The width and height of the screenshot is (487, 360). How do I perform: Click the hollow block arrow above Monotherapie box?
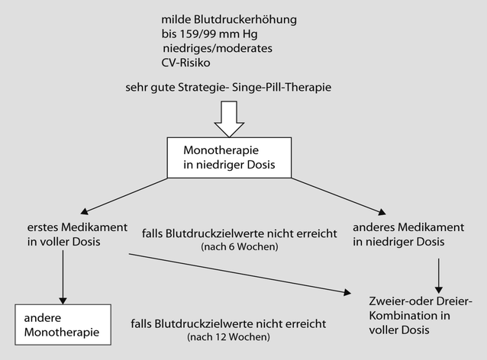pyautogui.click(x=228, y=116)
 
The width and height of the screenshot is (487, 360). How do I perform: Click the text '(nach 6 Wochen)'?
pyautogui.click(x=239, y=248)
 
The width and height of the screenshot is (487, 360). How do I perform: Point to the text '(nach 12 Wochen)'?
pyautogui.click(x=228, y=336)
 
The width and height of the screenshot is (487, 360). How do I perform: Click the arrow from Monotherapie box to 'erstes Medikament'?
pyautogui.click(x=127, y=196)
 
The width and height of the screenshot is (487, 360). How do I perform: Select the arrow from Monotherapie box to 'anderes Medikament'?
pyautogui.click(x=337, y=196)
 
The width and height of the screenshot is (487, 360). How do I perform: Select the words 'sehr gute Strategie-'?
pyautogui.click(x=175, y=87)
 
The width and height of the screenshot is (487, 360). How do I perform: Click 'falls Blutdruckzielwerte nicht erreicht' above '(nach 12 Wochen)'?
pyautogui.click(x=228, y=323)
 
